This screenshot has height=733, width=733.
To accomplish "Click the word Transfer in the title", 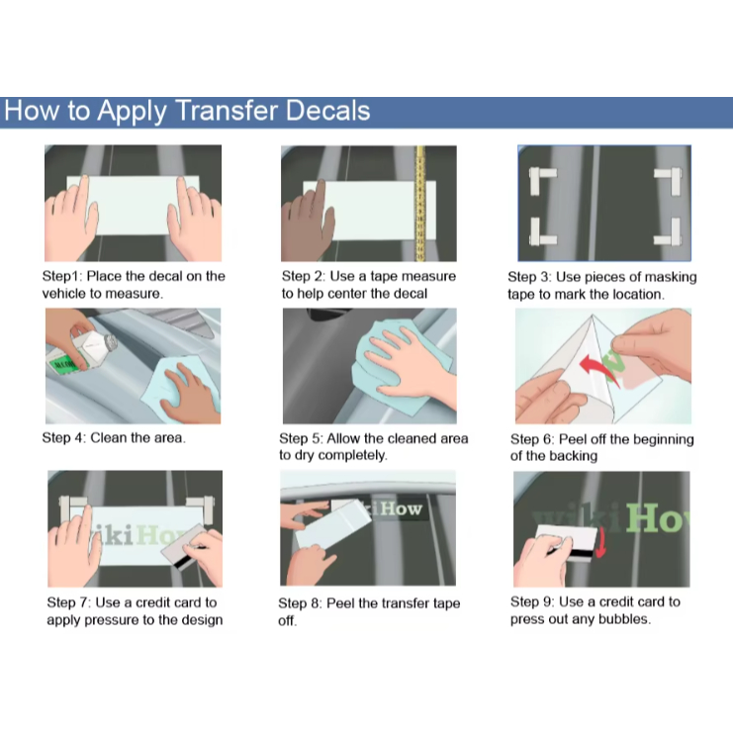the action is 227,111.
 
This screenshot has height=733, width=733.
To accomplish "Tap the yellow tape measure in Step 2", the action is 420,204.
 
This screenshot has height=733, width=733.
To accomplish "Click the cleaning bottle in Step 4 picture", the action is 83,351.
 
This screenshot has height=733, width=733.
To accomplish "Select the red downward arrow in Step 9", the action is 600,543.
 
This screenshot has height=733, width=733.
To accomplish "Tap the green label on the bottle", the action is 63,364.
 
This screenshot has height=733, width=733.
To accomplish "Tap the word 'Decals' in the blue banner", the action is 327,111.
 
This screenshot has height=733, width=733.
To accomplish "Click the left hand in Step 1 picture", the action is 72,221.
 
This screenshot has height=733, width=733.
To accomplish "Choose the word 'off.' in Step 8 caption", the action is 288,620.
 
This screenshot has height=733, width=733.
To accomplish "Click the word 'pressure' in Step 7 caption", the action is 103,620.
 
